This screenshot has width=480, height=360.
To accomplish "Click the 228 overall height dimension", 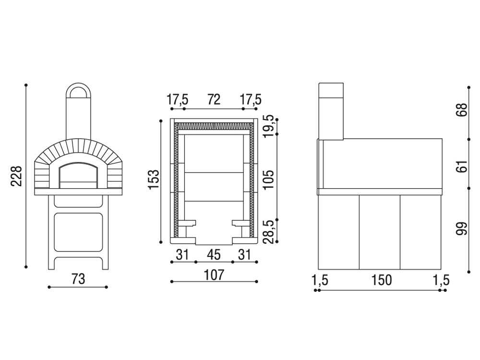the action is (x=16, y=176).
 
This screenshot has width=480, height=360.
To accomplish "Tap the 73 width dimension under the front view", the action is (x=78, y=279).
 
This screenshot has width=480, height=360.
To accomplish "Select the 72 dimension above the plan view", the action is (x=214, y=99).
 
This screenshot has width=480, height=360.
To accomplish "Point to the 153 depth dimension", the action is (x=154, y=179).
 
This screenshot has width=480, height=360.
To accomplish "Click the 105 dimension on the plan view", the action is (x=268, y=180).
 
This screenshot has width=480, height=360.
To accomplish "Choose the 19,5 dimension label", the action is (x=268, y=126).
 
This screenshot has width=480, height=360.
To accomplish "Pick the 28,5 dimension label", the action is (x=268, y=231).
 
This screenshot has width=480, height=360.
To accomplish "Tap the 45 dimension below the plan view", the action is (x=214, y=255).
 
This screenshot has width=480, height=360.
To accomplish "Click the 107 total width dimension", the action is (x=214, y=275).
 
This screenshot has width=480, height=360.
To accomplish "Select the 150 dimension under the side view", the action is (x=382, y=280).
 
